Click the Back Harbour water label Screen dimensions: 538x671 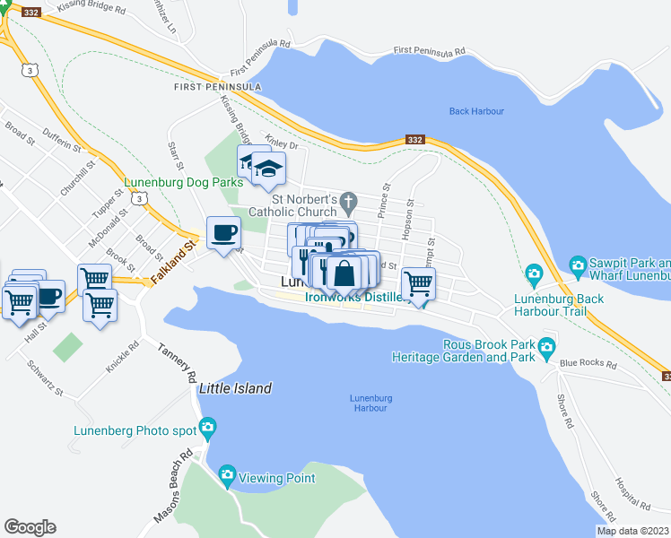tap(476, 111)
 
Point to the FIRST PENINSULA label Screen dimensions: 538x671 tap(218, 87)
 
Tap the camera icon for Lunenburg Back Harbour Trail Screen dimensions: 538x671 tap(535, 273)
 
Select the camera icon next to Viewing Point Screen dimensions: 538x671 tap(226, 474)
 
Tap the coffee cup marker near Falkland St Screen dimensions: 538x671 tap(223, 234)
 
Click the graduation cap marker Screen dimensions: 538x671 tap(267, 169)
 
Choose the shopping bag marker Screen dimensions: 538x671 tap(344, 273)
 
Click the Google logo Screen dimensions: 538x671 tap(30, 527)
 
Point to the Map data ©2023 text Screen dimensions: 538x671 tap(632, 531)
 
